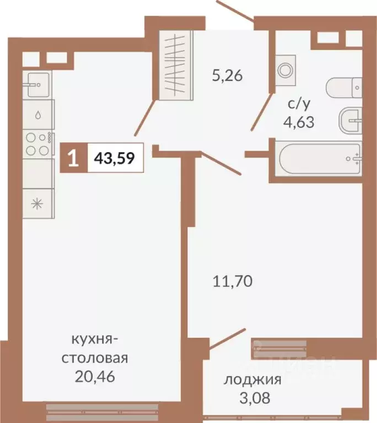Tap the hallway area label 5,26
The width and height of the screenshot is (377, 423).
pos(227,75)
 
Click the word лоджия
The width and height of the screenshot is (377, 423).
pos(252,379)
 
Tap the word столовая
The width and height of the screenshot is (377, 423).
pos(95,359)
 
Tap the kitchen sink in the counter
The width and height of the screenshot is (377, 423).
pos(38,84)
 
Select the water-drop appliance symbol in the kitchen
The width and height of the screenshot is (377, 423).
pos(37,115)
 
